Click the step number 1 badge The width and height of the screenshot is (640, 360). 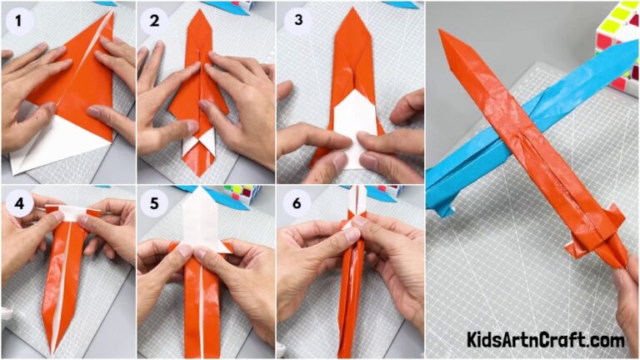pos(17,19)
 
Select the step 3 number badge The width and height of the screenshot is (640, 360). pos(293,19)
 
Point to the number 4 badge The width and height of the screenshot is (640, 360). pos(17,202)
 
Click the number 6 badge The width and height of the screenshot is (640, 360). pos(293,202)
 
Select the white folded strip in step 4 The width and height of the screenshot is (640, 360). pos(71,212)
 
